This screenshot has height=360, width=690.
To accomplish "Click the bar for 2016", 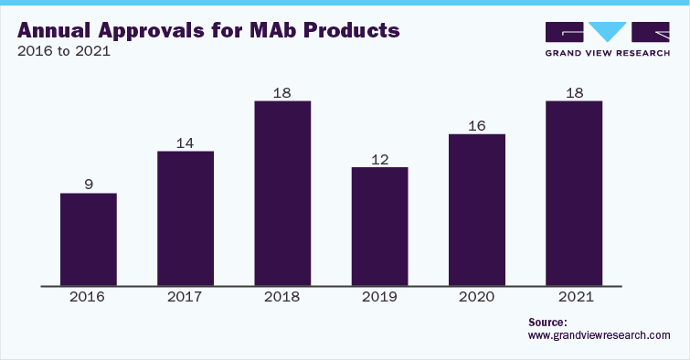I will point(89,239).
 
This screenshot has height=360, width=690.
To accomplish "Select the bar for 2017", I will point(186,218).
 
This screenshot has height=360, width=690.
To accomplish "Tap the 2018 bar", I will point(282,193).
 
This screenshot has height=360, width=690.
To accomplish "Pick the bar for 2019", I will point(379,227).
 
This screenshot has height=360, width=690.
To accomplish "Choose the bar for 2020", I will point(476,210).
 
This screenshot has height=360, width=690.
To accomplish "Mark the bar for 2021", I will point(573,193).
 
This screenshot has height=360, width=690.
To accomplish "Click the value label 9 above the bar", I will point(89,185).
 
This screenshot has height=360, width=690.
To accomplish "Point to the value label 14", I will point(186,143).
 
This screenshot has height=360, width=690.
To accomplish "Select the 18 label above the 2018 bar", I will point(282,92).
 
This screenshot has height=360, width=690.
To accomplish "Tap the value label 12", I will point(379,159).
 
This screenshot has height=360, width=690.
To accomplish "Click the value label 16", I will point(476,126).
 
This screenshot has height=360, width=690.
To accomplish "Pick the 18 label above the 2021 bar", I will point(573,92).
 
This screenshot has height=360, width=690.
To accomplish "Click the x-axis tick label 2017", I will point(186,298).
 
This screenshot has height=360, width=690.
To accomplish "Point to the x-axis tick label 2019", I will point(379,298).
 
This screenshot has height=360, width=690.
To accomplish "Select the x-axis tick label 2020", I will point(476,298).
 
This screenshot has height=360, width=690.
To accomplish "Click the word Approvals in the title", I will point(163,30).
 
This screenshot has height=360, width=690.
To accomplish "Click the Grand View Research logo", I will point(606,39).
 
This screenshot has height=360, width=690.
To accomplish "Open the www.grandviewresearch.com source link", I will point(599,335).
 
